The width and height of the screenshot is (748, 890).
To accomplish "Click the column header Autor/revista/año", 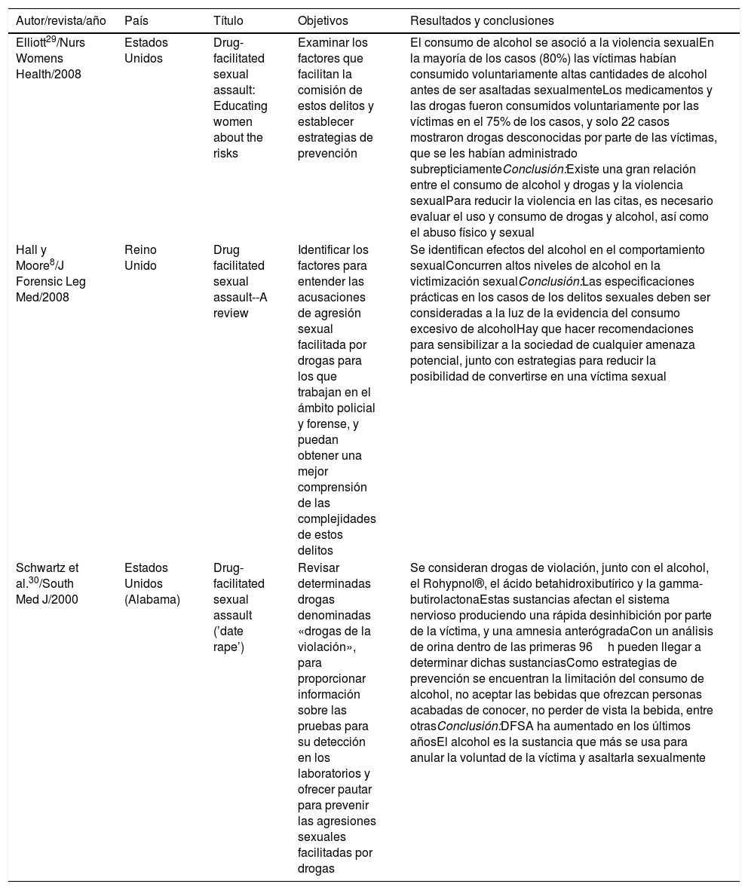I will [x=58, y=20].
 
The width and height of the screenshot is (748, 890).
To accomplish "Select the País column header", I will [x=136, y=20].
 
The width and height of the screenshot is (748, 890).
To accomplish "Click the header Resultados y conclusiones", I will [x=482, y=20].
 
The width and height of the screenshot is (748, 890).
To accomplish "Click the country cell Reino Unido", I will [x=141, y=258].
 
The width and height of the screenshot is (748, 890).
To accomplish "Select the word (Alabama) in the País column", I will [x=153, y=599].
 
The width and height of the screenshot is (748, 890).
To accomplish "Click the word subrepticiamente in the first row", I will [x=456, y=169].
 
